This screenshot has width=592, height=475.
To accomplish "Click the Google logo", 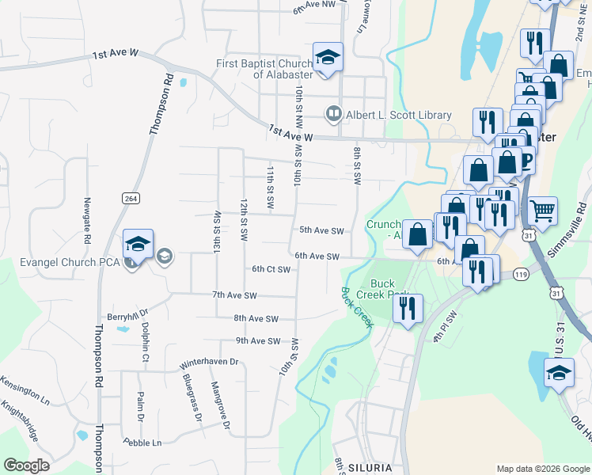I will point(26,465).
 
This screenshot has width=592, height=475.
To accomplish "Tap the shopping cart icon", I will point(542,211).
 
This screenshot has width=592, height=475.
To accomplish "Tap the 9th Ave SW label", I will point(258,341).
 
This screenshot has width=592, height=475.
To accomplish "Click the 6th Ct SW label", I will point(271,269).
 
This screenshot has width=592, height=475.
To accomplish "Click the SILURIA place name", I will point(370,468).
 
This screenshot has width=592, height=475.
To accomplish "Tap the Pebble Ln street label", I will point(142,442).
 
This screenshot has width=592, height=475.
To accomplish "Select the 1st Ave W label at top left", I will point(116,55).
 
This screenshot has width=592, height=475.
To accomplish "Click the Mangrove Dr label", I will point(220,406).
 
